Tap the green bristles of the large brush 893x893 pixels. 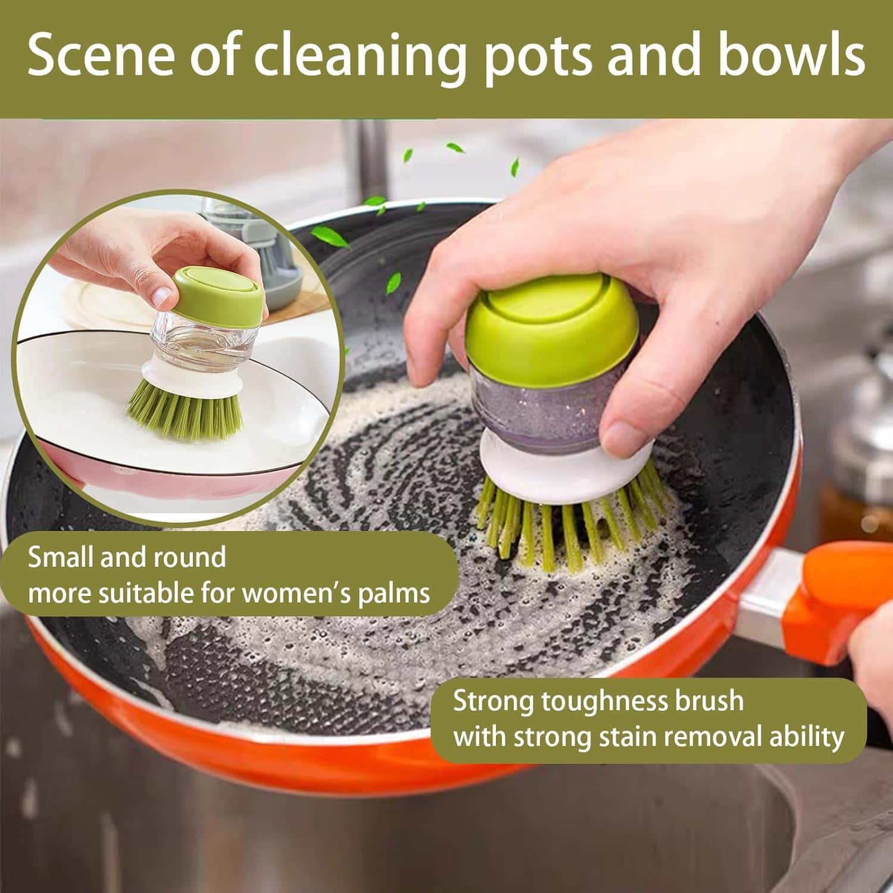point(554,530)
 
